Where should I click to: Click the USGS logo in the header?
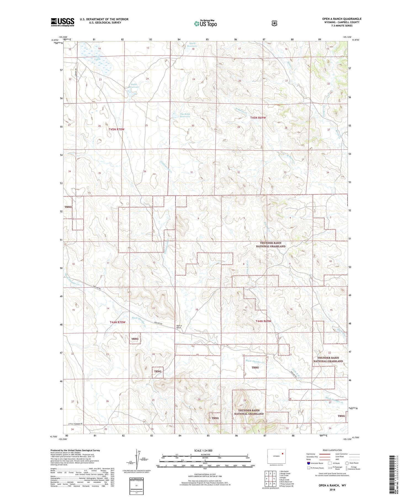[63, 22]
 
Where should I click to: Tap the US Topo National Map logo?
[205, 23]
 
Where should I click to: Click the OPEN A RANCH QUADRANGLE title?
[341, 19]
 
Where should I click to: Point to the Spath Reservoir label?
[192, 45]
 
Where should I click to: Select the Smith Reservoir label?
[134, 85]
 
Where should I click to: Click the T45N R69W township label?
[258, 118]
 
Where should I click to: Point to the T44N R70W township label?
[117, 322]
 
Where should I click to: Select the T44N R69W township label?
[263, 321]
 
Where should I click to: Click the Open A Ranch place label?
[179, 327]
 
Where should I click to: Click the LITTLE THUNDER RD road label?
[79, 424]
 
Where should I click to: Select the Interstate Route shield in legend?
[308, 463]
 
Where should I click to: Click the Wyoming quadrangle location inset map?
[276, 456]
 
